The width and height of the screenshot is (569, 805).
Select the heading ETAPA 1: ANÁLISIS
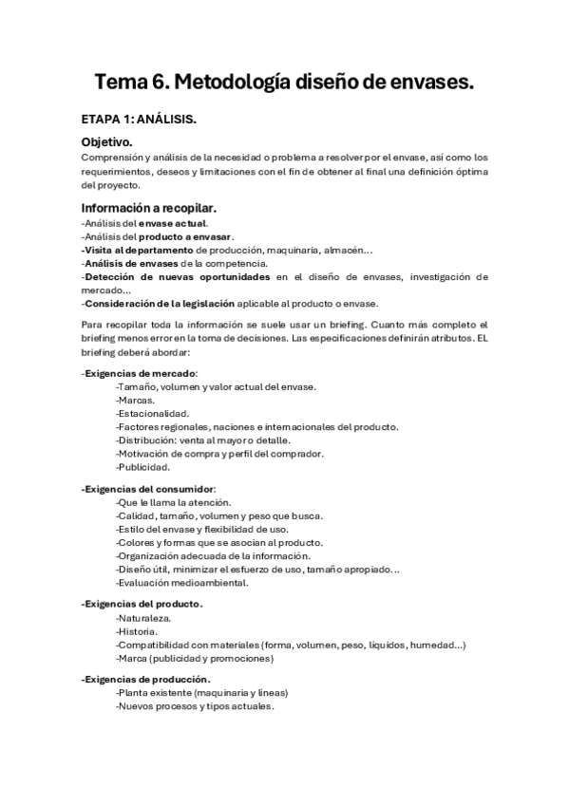[x=138, y=120]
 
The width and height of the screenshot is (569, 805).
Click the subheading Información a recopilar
[x=149, y=208]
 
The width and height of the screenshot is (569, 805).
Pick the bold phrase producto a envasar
[x=185, y=236]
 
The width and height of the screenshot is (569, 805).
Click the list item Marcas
[x=135, y=400]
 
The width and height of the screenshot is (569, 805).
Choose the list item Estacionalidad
[x=152, y=413]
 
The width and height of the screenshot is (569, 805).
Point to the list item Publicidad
[x=142, y=467]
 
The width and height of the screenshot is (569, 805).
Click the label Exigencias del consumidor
[x=149, y=488]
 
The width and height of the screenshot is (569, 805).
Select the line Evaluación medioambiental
[x=181, y=583]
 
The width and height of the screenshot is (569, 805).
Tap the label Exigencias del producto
[x=142, y=604]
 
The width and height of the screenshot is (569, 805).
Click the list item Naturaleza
[x=143, y=617]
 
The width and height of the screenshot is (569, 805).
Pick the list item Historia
[x=137, y=630]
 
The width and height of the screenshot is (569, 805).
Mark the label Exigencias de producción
[x=146, y=680]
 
